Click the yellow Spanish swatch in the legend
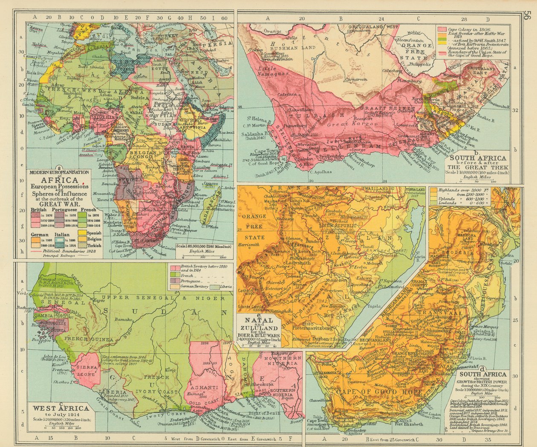tap(81, 234)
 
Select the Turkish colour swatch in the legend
tap(81, 245)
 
